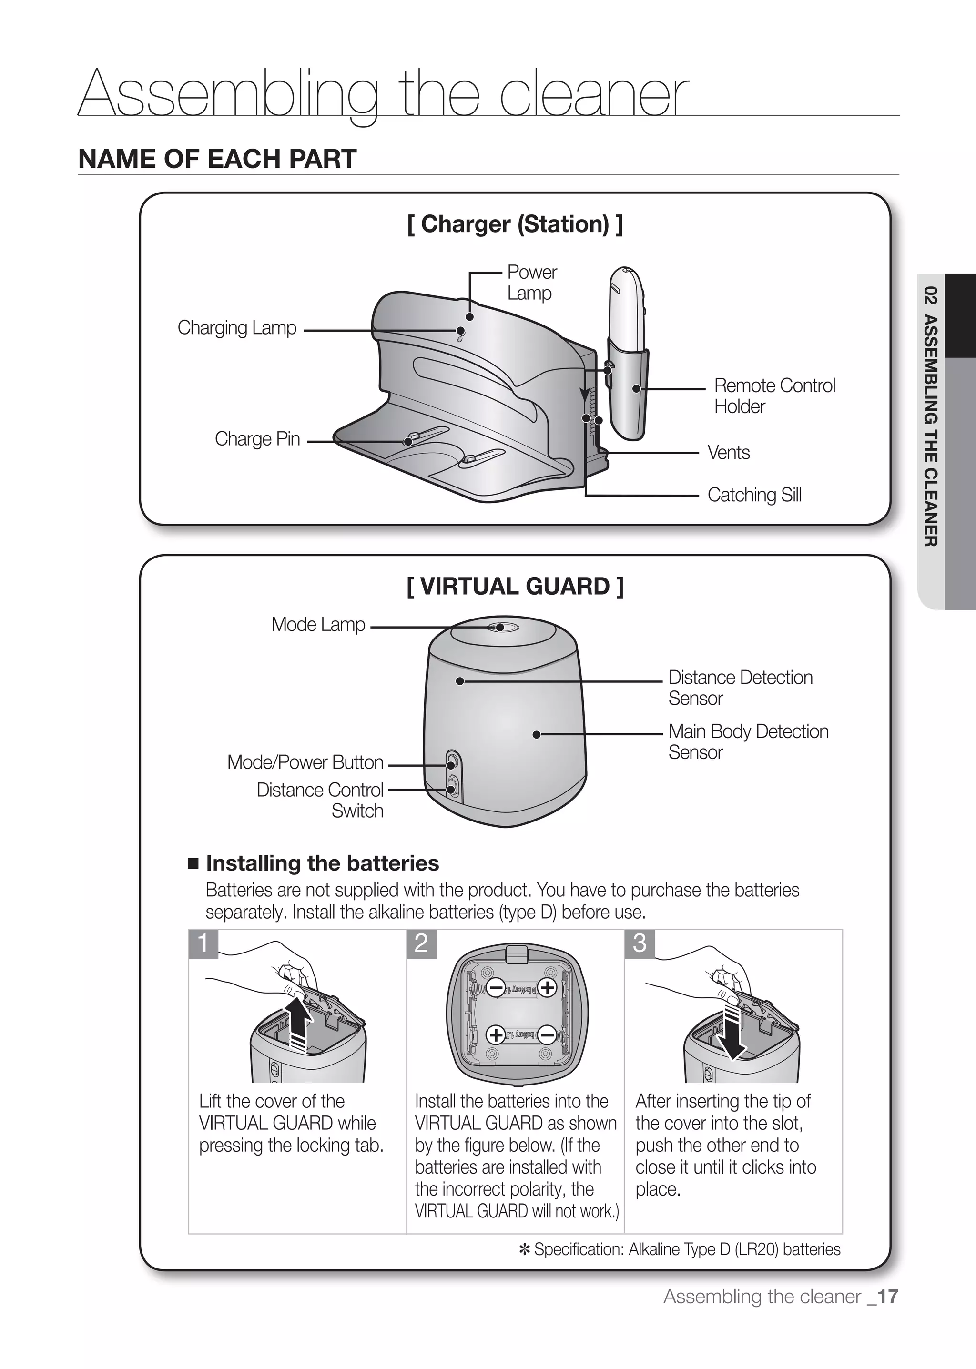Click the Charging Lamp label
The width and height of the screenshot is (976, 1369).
pyautogui.click(x=237, y=328)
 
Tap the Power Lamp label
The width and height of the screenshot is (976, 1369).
pyautogui.click(x=531, y=283)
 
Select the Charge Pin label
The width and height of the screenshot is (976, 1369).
pyautogui.click(x=257, y=439)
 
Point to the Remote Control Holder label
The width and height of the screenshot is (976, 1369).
pyautogui.click(x=774, y=395)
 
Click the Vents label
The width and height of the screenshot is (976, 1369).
pyautogui.click(x=728, y=453)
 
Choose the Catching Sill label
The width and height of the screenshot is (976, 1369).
pyautogui.click(x=754, y=495)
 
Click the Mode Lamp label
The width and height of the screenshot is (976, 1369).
pyautogui.click(x=318, y=624)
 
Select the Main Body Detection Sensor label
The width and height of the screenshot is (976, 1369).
pyautogui.click(x=748, y=741)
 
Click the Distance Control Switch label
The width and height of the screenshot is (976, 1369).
pyautogui.click(x=320, y=800)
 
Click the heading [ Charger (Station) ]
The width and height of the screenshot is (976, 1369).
pyautogui.click(x=515, y=224)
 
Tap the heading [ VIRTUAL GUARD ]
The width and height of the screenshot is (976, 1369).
pyautogui.click(x=515, y=586)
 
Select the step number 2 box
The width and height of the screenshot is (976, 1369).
pyautogui.click(x=421, y=943)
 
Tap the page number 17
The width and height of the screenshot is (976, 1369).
pyautogui.click(x=887, y=1296)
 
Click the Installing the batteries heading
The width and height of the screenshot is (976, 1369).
pyautogui.click(x=322, y=863)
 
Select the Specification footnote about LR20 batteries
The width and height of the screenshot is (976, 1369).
pyautogui.click(x=680, y=1249)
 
